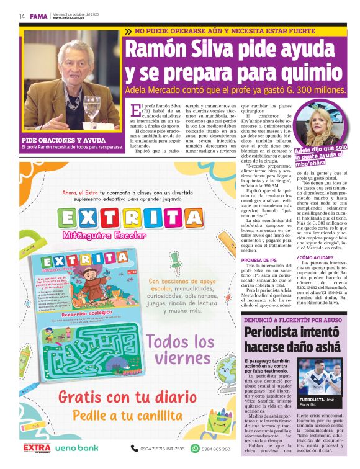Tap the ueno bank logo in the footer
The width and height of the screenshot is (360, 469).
tap(77, 447)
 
